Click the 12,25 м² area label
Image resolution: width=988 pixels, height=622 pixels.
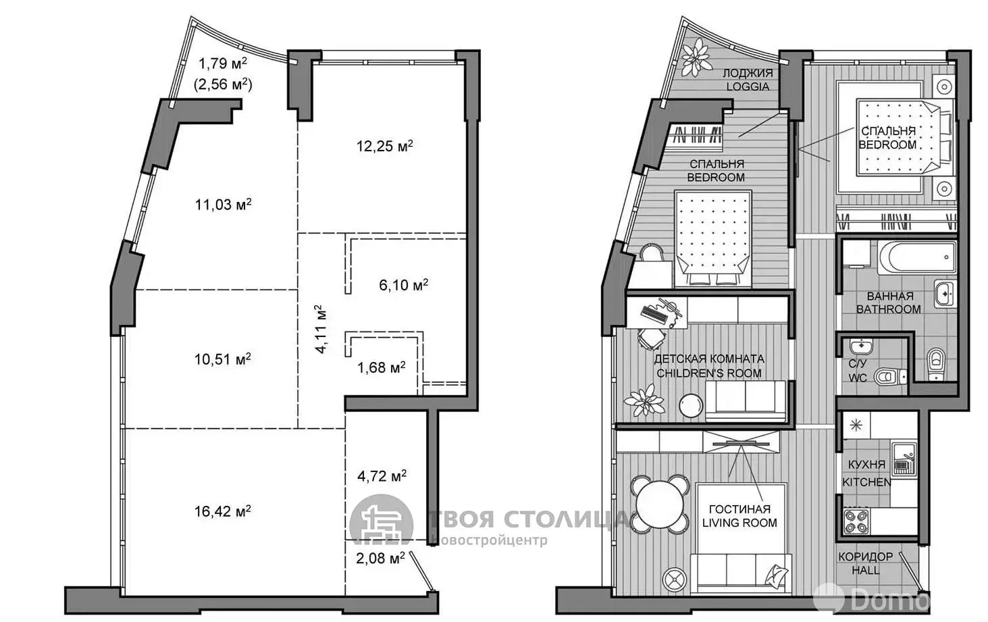385,146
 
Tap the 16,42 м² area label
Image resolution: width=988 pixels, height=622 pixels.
223,511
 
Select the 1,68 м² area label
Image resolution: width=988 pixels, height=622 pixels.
382,367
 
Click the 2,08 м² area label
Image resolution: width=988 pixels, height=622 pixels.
380,559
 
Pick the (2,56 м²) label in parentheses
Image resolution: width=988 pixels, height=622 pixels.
223,84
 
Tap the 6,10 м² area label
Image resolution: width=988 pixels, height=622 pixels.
403,285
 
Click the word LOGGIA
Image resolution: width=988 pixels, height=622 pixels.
748,86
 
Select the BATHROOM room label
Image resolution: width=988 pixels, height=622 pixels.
888,309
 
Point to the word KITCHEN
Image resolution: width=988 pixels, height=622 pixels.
866,482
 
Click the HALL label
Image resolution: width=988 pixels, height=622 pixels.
865,571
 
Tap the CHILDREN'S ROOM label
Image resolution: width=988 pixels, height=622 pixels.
709,373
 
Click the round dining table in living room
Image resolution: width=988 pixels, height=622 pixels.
659,504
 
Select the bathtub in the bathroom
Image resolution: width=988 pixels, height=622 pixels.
916,257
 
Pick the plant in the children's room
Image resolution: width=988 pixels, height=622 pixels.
644,400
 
